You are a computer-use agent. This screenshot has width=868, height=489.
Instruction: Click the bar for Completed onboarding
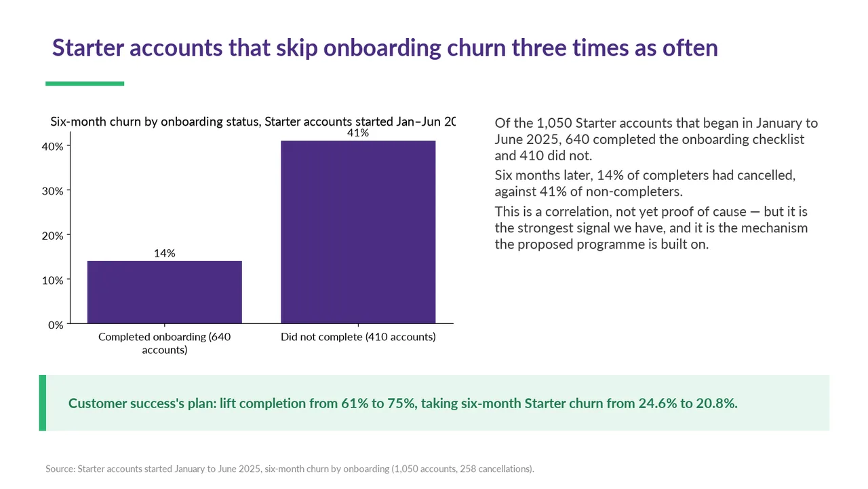(x=165, y=292)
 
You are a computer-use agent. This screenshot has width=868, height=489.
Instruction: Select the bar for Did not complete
(x=358, y=232)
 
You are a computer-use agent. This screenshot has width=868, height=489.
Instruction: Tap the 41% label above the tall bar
(x=358, y=133)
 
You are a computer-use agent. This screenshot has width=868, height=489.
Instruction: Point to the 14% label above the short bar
(x=165, y=253)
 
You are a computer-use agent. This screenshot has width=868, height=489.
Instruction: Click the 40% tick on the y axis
(x=53, y=147)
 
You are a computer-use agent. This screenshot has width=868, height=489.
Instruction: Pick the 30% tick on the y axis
(x=53, y=192)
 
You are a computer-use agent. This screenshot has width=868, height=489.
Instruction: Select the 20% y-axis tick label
(x=53, y=236)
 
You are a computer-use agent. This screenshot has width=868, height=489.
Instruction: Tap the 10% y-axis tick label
(x=53, y=280)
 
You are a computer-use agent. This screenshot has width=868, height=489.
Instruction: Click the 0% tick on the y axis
(x=56, y=325)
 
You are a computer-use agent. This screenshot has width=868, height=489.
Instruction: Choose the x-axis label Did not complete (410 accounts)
(x=358, y=337)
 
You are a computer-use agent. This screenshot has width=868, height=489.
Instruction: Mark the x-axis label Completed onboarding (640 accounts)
(x=165, y=344)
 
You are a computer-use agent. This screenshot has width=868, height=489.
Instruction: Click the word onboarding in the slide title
(x=382, y=48)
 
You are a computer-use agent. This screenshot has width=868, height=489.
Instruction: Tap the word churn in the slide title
(x=476, y=48)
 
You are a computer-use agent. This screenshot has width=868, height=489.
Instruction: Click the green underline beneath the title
(x=85, y=84)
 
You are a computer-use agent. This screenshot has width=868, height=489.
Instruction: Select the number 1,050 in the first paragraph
(x=554, y=124)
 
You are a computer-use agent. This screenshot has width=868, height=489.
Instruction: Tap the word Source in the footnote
(x=60, y=469)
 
